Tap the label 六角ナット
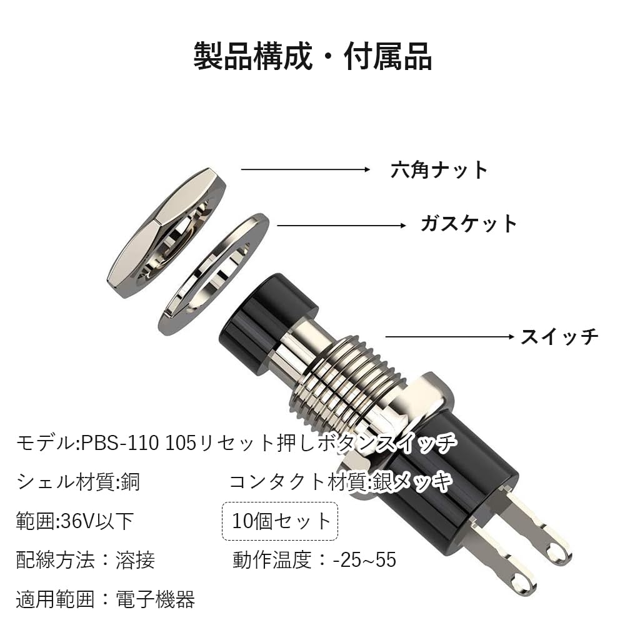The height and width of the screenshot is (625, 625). coord(439,169)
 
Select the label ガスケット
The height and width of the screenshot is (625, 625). coord(469,224)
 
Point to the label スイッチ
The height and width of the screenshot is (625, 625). coord(559,337)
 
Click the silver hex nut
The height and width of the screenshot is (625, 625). coord(166,234)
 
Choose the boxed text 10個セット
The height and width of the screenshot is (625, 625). coord(280,521)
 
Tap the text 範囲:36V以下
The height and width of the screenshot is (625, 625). coord(75,521)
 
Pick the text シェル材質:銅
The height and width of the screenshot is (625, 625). coord(79,481)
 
